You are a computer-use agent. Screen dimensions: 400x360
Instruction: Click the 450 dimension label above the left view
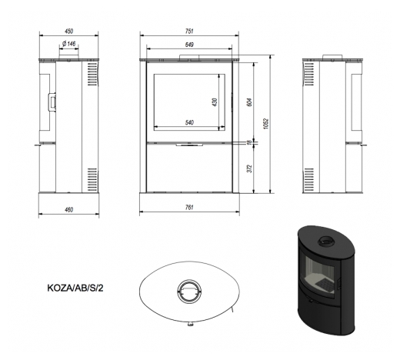pyautogui.click(x=69, y=32)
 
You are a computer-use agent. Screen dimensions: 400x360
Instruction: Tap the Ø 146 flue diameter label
pyautogui.click(x=68, y=44)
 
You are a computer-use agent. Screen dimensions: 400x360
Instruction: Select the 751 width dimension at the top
pyautogui.click(x=189, y=32)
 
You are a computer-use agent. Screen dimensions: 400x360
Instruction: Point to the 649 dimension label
pyautogui.click(x=189, y=45)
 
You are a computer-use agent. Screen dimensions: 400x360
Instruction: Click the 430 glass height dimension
pyautogui.click(x=215, y=102)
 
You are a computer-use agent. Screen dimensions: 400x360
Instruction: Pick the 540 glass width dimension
pyautogui.click(x=189, y=122)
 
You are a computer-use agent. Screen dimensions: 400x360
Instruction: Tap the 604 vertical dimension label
pyautogui.click(x=250, y=102)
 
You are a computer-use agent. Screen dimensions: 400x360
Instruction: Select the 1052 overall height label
pyautogui.click(x=266, y=124)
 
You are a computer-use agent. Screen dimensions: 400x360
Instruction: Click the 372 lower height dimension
pyautogui.click(x=250, y=168)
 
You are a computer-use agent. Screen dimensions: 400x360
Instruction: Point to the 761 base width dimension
pyautogui.click(x=189, y=208)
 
